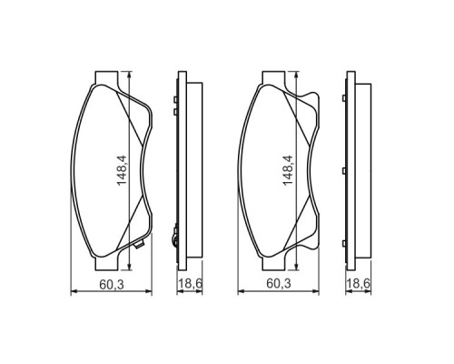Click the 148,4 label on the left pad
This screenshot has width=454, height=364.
point(122,170)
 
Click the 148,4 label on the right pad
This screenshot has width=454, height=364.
point(288,170)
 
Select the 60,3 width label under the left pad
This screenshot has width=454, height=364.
point(112,284)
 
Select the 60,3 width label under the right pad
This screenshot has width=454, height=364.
point(279,284)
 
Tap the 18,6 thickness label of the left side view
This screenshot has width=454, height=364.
point(190,284)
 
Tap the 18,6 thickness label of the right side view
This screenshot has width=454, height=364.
point(358,284)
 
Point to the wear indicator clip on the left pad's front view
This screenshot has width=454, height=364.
point(139,245)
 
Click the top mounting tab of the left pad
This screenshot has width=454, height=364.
point(106,77)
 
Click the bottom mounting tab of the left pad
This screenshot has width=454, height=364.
point(106,263)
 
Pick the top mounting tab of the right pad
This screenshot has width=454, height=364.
point(273,77)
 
